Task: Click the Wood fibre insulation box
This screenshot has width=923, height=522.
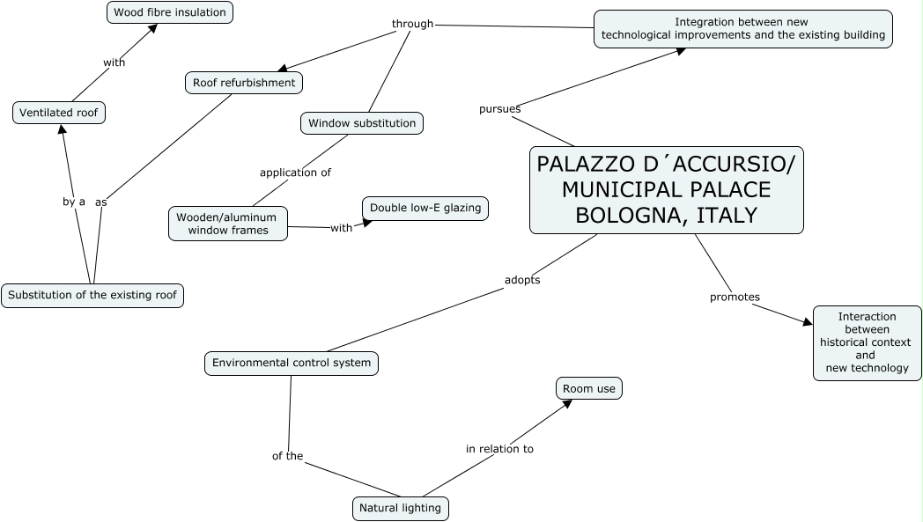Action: click(170, 12)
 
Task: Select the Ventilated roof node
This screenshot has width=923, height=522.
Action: click(59, 113)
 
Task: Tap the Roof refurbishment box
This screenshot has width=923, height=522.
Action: click(245, 83)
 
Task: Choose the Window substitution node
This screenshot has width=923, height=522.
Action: click(362, 123)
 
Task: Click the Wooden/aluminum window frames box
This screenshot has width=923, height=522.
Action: click(227, 224)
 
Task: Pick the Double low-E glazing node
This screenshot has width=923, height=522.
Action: click(425, 209)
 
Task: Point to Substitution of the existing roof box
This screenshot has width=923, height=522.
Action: click(92, 295)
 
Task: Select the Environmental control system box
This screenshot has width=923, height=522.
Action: click(292, 363)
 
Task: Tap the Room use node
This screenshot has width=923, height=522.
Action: click(589, 388)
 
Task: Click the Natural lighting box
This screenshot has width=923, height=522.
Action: click(400, 508)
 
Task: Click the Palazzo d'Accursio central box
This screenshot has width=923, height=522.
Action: click(666, 190)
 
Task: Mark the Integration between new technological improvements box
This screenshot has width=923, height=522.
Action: click(742, 28)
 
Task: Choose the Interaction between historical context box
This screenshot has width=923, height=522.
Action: click(867, 342)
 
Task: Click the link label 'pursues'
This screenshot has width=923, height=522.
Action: click(499, 109)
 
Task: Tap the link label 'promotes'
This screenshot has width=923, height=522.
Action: click(735, 298)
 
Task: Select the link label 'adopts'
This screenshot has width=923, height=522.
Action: click(522, 280)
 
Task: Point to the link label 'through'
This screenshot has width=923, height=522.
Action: click(413, 24)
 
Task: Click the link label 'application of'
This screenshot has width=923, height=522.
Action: click(295, 173)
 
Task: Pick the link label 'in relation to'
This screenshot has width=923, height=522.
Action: click(499, 449)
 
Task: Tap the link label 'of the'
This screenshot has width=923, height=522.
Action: click(287, 456)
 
